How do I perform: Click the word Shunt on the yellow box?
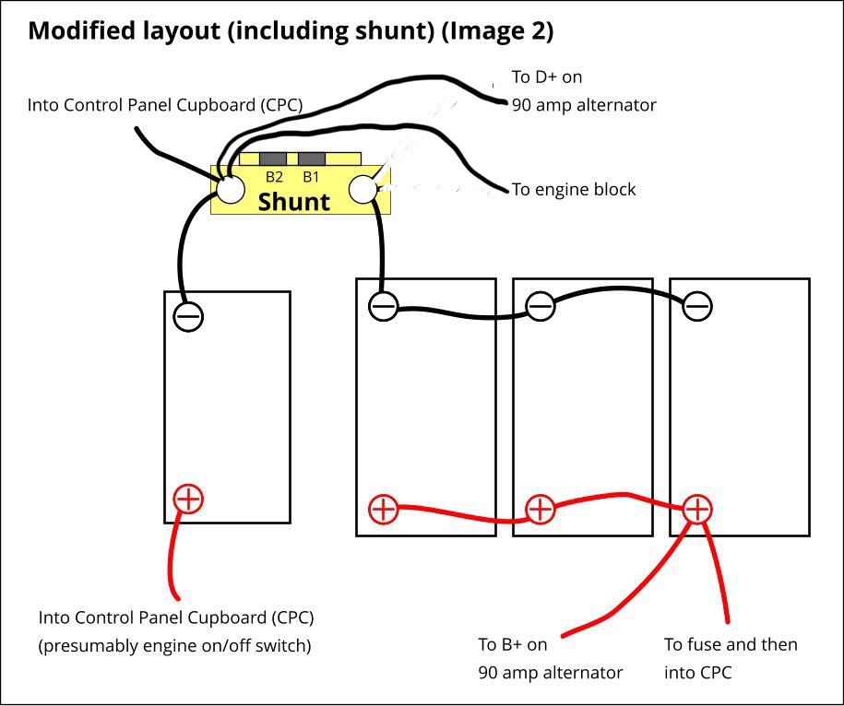point(293,202)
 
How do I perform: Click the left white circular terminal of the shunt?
point(230,189)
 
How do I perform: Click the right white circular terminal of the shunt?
point(363,189)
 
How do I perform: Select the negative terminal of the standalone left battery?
point(188,316)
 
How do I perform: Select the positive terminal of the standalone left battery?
point(188,500)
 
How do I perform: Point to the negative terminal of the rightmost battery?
point(698,305)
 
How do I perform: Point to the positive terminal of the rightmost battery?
point(697,508)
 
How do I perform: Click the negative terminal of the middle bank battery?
point(541,305)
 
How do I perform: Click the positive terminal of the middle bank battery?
point(540,508)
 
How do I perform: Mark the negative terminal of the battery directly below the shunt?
point(384,305)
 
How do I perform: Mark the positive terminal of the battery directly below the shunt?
point(383,508)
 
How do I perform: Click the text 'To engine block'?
point(574,190)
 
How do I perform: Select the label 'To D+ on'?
point(547,76)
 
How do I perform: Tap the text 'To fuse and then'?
point(731,644)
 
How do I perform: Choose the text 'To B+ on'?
point(513,644)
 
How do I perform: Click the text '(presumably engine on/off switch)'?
point(174,645)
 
